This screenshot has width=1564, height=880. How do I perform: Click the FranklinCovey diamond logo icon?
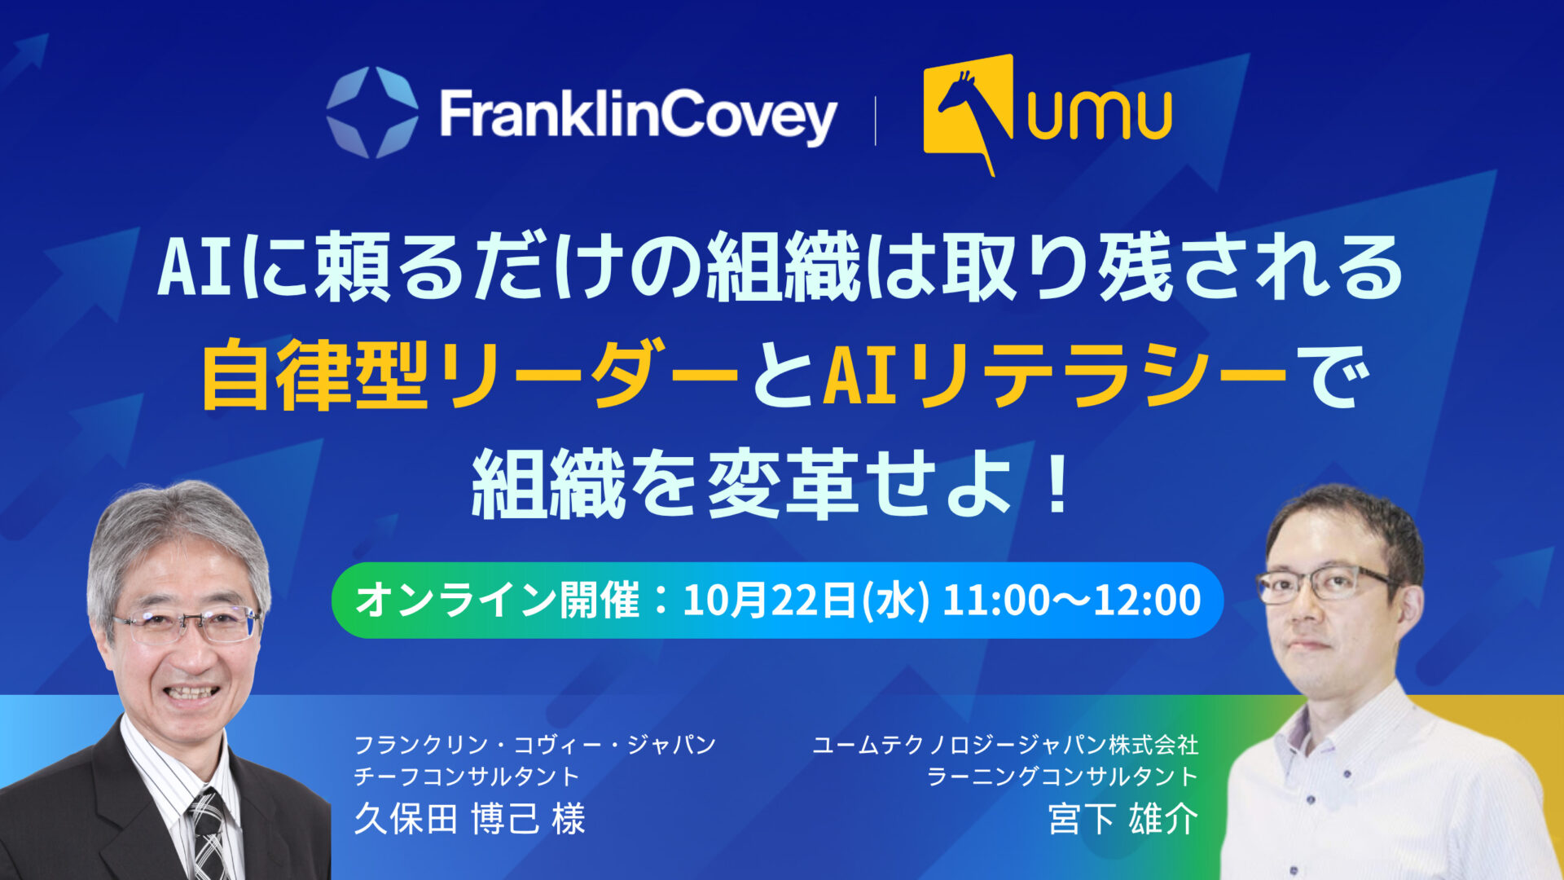[372, 112]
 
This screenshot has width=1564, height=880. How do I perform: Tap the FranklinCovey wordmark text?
[638, 116]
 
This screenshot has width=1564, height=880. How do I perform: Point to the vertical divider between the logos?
[876, 121]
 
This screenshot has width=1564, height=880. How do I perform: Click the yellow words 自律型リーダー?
[470, 376]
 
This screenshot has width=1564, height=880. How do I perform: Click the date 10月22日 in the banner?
[769, 601]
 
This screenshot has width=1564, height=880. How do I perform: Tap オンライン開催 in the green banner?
[498, 601]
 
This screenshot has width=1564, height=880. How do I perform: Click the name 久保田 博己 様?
[470, 819]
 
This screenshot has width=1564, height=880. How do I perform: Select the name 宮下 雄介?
[1123, 819]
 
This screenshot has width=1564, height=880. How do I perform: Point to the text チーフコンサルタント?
[466, 777]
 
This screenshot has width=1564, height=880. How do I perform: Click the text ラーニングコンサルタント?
[1063, 777]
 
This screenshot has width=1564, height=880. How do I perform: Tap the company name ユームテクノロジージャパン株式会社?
[1005, 744]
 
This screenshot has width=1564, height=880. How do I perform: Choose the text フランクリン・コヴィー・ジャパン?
[535, 744]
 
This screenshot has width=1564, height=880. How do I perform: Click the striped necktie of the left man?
[209, 835]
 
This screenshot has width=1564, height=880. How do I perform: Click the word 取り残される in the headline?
[1172, 268]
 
